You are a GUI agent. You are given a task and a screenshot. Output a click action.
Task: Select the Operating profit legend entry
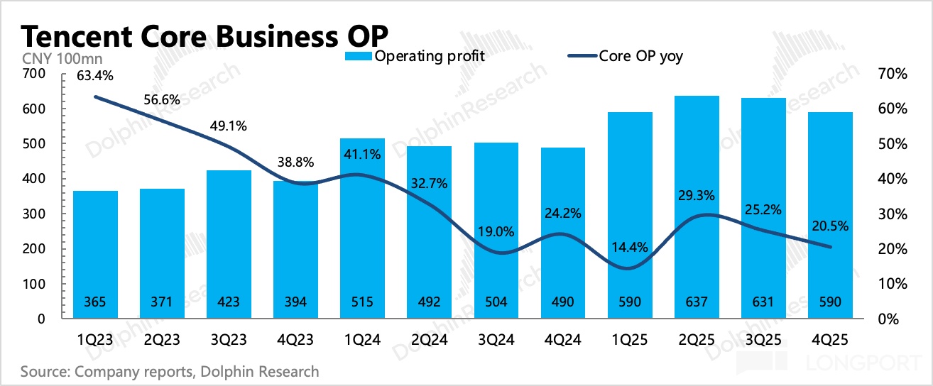pyautogui.click(x=415, y=56)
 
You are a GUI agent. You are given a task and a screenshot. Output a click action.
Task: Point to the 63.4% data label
pyautogui.click(x=95, y=74)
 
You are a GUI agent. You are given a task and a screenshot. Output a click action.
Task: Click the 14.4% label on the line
pyautogui.click(x=630, y=248)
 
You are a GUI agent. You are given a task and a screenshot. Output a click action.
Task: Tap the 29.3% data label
pyautogui.click(x=697, y=195)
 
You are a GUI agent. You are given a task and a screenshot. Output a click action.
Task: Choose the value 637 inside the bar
pyautogui.click(x=697, y=302)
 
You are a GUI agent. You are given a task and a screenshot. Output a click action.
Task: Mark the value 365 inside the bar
pyautogui.click(x=95, y=302)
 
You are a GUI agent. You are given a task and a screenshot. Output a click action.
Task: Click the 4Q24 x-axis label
pyautogui.click(x=563, y=340)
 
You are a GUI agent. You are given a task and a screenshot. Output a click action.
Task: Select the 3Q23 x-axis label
pyautogui.click(x=229, y=340)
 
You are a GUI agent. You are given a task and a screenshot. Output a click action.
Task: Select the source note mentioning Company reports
pyautogui.click(x=170, y=371)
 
